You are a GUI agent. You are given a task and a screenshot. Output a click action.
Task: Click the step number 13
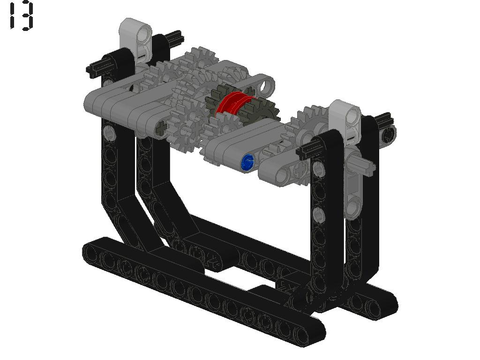(x=21, y=16)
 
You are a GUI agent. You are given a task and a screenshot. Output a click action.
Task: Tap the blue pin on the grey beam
(x=247, y=162)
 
